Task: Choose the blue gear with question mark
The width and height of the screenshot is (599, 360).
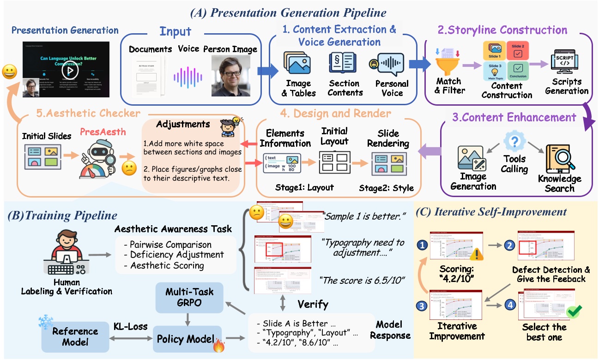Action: tap(513, 140)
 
